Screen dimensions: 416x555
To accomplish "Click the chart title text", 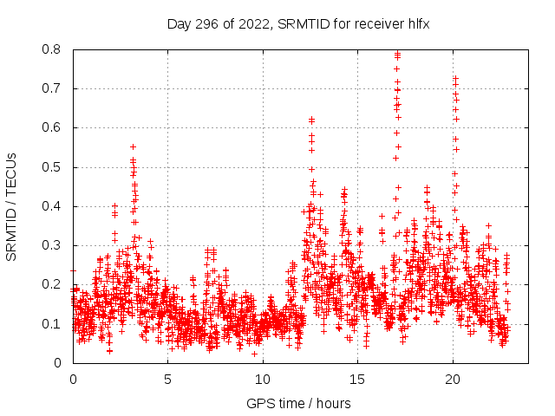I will (x=298, y=24).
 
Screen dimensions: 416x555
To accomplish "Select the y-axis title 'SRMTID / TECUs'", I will (x=12, y=206).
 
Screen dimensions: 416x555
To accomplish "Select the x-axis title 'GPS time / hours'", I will (x=298, y=403).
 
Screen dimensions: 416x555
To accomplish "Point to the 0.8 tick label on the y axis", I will (x=52, y=49).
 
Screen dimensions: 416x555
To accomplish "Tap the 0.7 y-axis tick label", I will (x=52, y=88).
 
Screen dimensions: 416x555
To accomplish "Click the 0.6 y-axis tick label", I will (x=52, y=127).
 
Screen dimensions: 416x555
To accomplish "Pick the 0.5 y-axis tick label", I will (x=52, y=167).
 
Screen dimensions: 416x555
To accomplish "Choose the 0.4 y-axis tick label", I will (x=52, y=206).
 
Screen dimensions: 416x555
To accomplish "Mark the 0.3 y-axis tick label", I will (x=52, y=245).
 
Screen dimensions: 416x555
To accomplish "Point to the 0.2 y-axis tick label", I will (x=52, y=284).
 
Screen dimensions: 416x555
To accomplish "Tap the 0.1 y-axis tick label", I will (x=52, y=324).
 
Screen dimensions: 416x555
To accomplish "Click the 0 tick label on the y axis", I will (x=57, y=363).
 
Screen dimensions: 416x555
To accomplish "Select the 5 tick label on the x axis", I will (x=167, y=379).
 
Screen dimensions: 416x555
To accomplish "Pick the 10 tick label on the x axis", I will (x=263, y=379).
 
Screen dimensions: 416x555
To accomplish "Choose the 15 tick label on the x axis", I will (x=357, y=379).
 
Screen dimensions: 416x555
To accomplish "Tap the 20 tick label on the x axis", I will (x=453, y=379).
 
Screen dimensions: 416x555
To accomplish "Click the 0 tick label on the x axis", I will (x=73, y=379).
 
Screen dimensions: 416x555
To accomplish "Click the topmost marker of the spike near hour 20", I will (x=455, y=79).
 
